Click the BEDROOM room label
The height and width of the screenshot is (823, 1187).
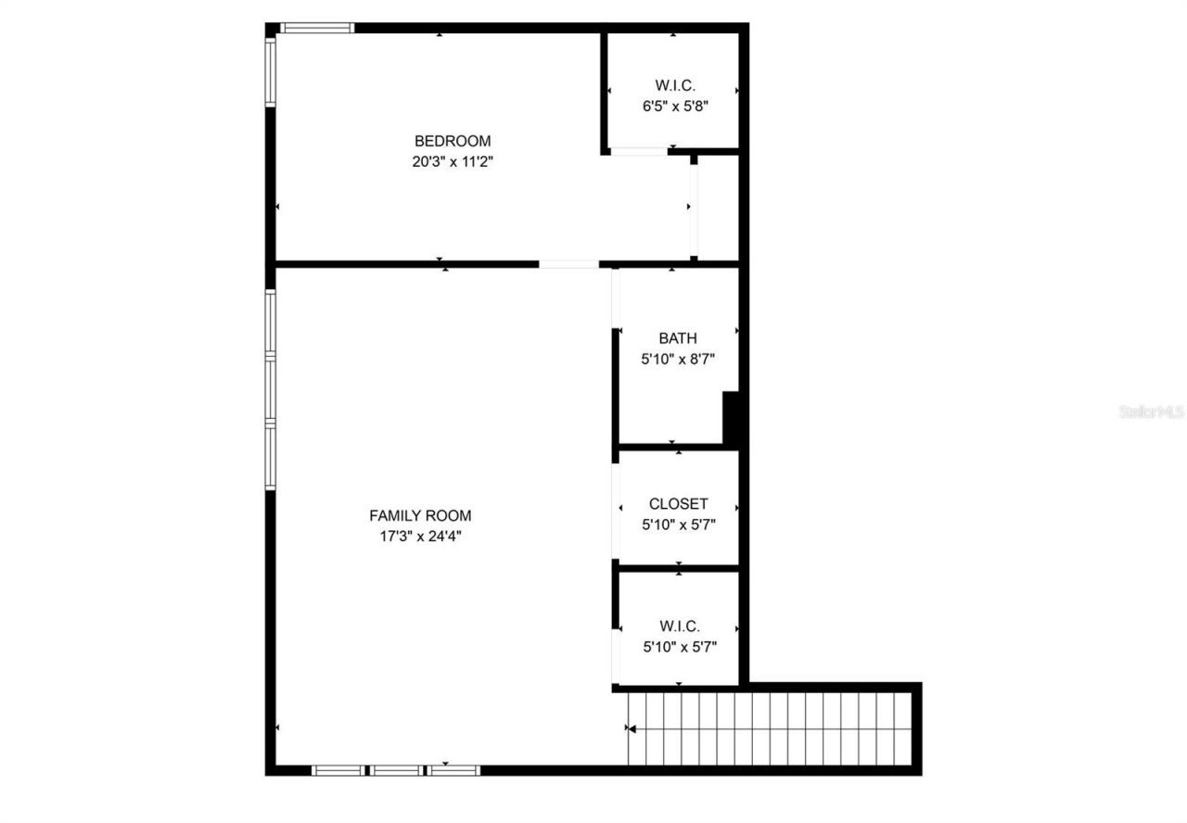point(452,141)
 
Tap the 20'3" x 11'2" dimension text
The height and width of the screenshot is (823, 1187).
point(452,161)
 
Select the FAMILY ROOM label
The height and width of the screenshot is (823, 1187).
point(420,515)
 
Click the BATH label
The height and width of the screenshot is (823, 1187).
point(678,338)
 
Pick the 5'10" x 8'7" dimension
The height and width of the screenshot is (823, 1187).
point(678,358)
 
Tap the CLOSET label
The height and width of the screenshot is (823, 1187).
point(678,504)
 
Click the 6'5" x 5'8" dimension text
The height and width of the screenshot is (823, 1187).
point(675,106)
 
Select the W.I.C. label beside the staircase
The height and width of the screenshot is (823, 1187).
point(679,627)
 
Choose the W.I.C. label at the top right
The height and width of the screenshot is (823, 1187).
point(675,85)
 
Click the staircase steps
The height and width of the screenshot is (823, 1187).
point(770,728)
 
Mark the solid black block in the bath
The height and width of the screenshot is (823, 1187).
point(731,419)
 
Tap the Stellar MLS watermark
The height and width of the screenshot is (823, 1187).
point(1151,411)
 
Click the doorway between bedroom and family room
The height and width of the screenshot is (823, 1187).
point(568,264)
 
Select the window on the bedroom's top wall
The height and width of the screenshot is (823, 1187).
point(317,28)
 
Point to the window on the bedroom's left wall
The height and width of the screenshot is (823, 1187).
point(271,71)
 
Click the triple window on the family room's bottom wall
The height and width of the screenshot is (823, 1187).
point(396,769)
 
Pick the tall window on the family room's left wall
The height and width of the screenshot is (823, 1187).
point(271,389)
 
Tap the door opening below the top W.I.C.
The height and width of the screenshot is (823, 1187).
point(638,151)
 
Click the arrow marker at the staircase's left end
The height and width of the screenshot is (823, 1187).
point(632,729)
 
